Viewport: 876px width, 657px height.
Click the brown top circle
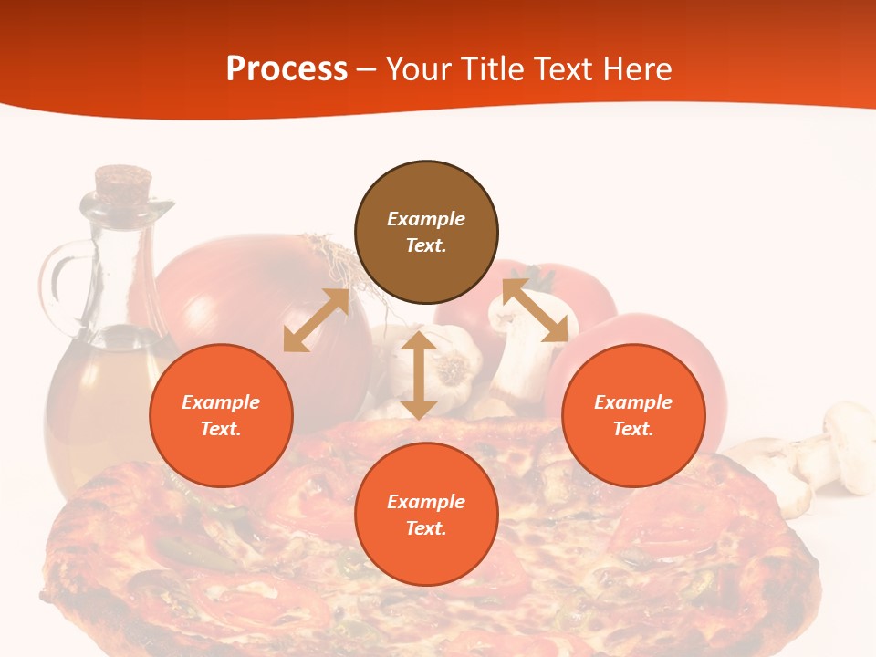pos(426,233)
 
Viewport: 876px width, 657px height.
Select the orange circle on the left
pos(221,415)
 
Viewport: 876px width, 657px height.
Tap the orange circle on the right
pos(633,415)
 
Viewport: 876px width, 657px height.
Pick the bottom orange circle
pos(426,515)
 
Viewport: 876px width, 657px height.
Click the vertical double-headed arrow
pos(419,375)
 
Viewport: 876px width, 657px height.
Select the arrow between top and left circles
pos(316,320)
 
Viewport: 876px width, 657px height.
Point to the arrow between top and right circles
pos(535,310)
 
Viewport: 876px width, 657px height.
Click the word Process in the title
pos(287,68)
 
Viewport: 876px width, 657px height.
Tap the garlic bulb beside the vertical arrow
pos(454,365)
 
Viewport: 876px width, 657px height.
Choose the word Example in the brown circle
pos(426,219)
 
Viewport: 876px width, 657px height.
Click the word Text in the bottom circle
pos(426,528)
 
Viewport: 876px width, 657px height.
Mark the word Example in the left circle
pos(221,402)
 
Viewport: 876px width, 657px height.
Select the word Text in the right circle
pos(631,429)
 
